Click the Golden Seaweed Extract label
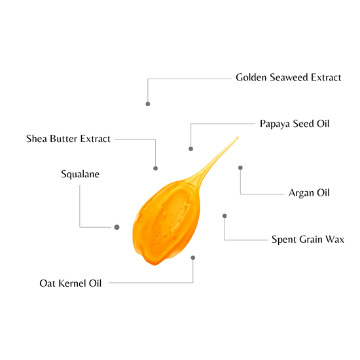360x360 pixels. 289,77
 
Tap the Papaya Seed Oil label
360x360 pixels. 295,124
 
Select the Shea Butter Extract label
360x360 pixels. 68,139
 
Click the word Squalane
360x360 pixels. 80,174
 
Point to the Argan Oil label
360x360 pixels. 309,193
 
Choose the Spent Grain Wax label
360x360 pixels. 308,240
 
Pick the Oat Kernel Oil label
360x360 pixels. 71,283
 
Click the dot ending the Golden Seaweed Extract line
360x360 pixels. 148,104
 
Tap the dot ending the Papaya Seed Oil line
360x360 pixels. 190,149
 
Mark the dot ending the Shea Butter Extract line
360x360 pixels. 155,168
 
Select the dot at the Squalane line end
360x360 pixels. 117,227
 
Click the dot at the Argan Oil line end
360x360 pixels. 240,168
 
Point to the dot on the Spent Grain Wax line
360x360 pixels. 225,216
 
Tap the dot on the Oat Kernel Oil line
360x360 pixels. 193,258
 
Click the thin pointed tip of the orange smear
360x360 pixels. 238,137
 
